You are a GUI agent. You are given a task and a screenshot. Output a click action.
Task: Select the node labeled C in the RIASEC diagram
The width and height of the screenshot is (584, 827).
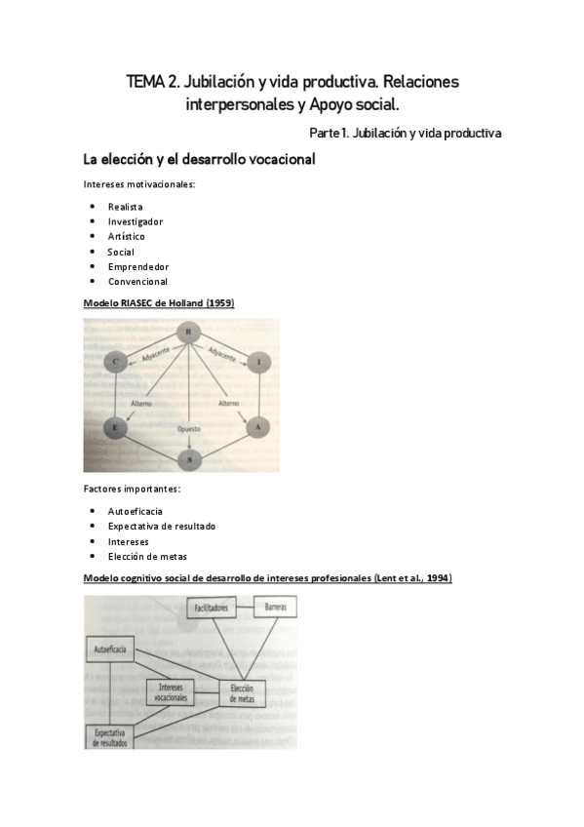pyautogui.click(x=115, y=364)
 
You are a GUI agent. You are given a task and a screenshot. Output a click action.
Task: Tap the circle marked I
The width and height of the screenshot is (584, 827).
pyautogui.click(x=257, y=364)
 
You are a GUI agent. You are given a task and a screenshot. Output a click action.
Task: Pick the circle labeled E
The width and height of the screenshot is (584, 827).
pyautogui.click(x=115, y=426)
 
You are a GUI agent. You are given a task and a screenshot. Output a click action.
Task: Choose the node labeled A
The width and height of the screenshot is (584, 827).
pyautogui.click(x=256, y=426)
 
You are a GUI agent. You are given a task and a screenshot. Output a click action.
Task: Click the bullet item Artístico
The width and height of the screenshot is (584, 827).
pyautogui.click(x=127, y=236)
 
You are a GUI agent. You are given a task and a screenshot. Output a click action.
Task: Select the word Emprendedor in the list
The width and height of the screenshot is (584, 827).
pyautogui.click(x=138, y=266)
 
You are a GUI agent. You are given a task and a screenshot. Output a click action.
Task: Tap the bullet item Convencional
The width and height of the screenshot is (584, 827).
pyautogui.click(x=137, y=282)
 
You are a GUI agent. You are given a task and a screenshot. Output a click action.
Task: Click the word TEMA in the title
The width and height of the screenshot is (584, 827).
pyautogui.click(x=146, y=83)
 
